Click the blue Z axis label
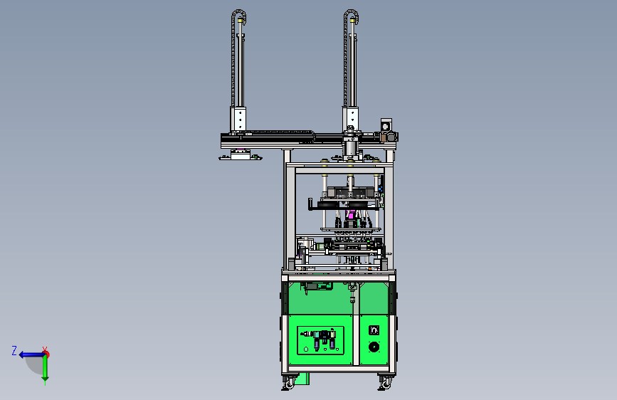[14, 350]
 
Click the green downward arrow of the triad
[46, 369]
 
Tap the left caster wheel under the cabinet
[289, 382]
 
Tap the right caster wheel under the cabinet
[386, 382]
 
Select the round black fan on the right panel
[374, 347]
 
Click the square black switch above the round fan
[374, 330]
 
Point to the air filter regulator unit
[324, 340]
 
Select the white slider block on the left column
[238, 119]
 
